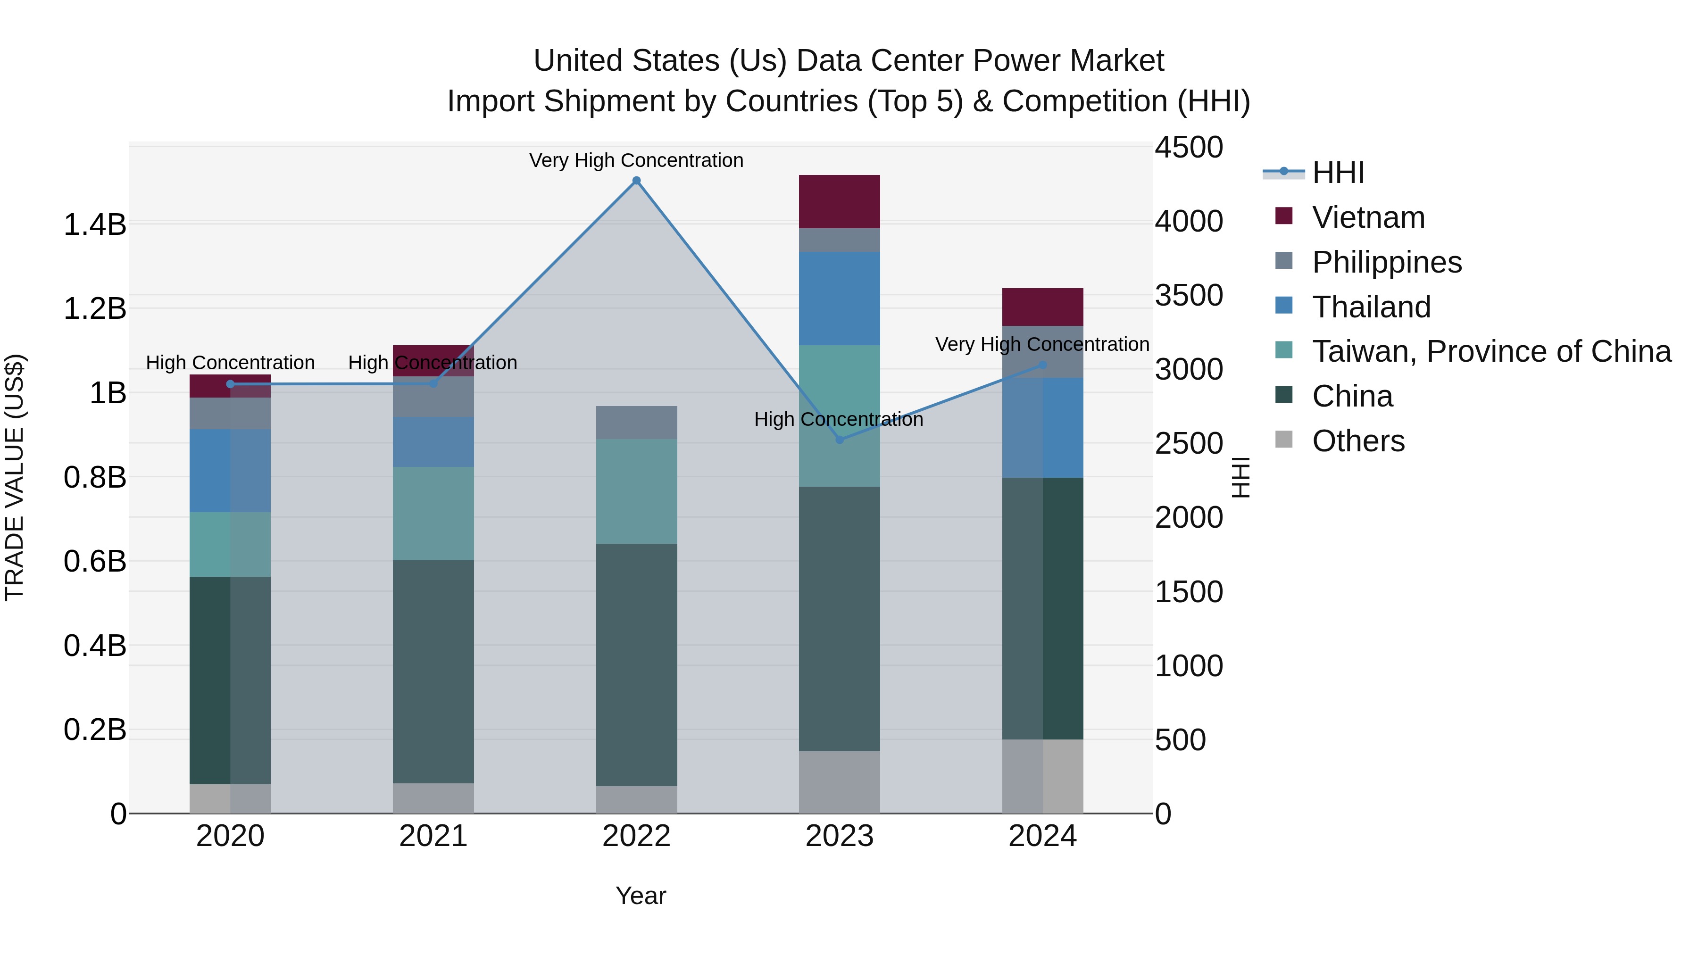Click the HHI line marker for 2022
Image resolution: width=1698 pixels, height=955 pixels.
pyautogui.click(x=636, y=181)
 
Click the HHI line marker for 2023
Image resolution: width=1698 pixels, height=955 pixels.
pyautogui.click(x=839, y=440)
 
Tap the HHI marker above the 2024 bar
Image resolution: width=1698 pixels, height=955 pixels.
pyautogui.click(x=1042, y=365)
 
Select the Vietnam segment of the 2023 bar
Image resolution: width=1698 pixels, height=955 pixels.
pyautogui.click(x=839, y=202)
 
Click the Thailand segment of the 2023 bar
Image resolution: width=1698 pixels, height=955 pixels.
pyautogui.click(x=839, y=298)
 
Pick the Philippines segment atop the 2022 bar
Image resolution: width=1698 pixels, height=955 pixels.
pyautogui.click(x=636, y=423)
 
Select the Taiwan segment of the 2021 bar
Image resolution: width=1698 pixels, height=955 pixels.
pyautogui.click(x=433, y=514)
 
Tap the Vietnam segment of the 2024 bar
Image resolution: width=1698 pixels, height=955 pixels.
pyautogui.click(x=1042, y=307)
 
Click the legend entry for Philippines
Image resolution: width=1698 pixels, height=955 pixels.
pyautogui.click(x=1386, y=262)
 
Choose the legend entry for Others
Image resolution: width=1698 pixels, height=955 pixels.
pyautogui.click(x=1358, y=441)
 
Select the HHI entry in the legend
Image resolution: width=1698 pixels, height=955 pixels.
pyautogui.click(x=1338, y=173)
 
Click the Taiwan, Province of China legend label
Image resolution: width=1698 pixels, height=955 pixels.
pyautogui.click(x=1491, y=351)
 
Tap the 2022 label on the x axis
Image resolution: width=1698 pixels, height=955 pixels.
pyautogui.click(x=636, y=836)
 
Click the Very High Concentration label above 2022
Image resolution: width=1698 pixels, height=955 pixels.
pyautogui.click(x=636, y=160)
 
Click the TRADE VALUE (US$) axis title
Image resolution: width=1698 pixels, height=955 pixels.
pyautogui.click(x=15, y=477)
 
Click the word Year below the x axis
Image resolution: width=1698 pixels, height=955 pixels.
pyautogui.click(x=640, y=896)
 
